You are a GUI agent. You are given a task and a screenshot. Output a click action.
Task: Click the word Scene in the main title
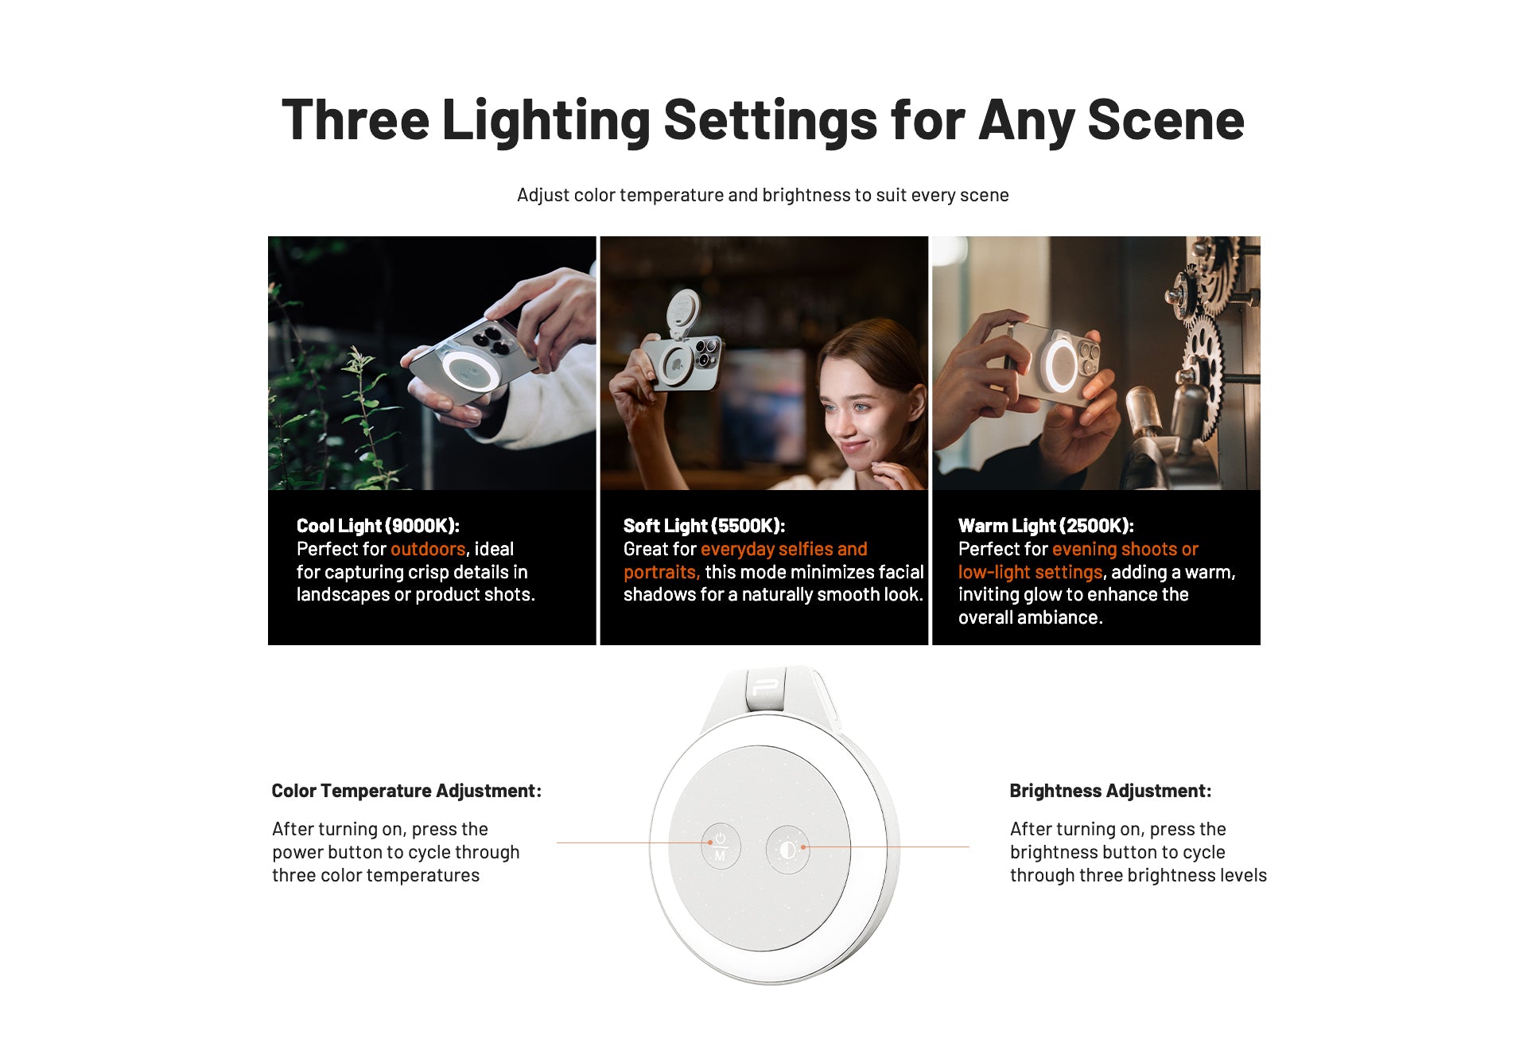(x=1165, y=120)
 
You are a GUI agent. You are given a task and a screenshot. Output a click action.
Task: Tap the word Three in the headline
(x=356, y=120)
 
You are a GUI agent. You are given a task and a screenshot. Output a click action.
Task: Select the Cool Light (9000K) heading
(x=378, y=526)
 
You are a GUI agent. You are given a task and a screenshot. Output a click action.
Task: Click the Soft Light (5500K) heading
(x=704, y=526)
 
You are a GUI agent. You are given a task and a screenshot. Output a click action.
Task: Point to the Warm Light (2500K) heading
(x=1046, y=526)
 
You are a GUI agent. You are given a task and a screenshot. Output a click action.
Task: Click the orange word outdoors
(x=428, y=549)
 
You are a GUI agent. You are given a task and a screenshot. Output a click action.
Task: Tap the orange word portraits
(x=661, y=572)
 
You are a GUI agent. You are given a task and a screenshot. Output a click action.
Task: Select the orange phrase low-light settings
(x=1030, y=572)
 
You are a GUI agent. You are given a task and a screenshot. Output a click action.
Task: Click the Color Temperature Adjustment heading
(x=406, y=791)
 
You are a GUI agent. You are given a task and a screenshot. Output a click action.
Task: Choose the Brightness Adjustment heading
(x=1110, y=791)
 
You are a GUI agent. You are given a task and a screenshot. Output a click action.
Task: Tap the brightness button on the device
(x=787, y=850)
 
